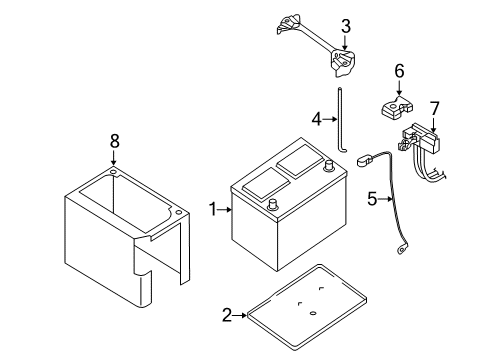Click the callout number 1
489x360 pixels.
pyautogui.click(x=212, y=209)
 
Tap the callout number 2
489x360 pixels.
pyautogui.click(x=227, y=315)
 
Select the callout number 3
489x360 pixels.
pyautogui.click(x=345, y=26)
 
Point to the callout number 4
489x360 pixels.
pyautogui.click(x=315, y=119)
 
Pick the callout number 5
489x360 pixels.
pyautogui.click(x=371, y=199)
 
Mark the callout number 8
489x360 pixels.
pyautogui.click(x=114, y=141)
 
